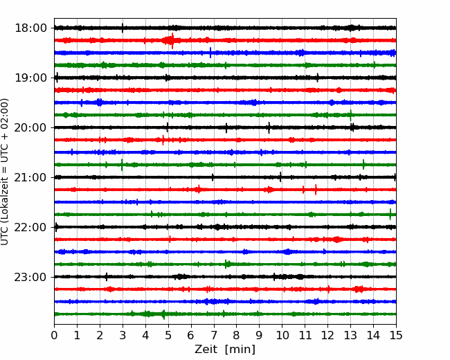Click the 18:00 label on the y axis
coord(30,28)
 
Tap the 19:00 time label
coord(30,78)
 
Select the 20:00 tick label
coord(30,127)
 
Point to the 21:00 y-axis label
coord(30,177)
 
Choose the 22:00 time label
coord(30,227)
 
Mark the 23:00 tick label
coord(30,277)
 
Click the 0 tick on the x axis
coord(54,335)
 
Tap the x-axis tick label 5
coord(168,335)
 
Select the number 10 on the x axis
coord(282,335)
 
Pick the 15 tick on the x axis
coord(396,335)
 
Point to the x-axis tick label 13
coord(350,335)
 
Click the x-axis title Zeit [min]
coord(225,350)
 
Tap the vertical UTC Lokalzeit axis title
coord(5,172)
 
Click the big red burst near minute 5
coord(172,40)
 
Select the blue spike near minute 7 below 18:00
coord(210,53)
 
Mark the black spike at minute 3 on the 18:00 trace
coord(123,28)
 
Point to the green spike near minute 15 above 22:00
coord(390,214)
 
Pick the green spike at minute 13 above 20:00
coord(350,115)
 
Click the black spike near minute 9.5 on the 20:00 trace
coord(269,127)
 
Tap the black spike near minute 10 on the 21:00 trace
coord(280,177)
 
